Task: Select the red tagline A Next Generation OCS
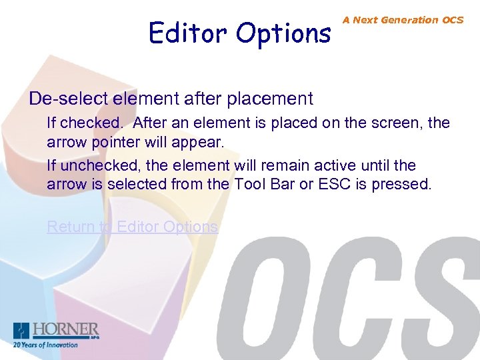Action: coord(403,20)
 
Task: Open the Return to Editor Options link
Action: coord(132,227)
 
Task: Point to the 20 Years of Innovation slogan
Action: coord(45,345)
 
